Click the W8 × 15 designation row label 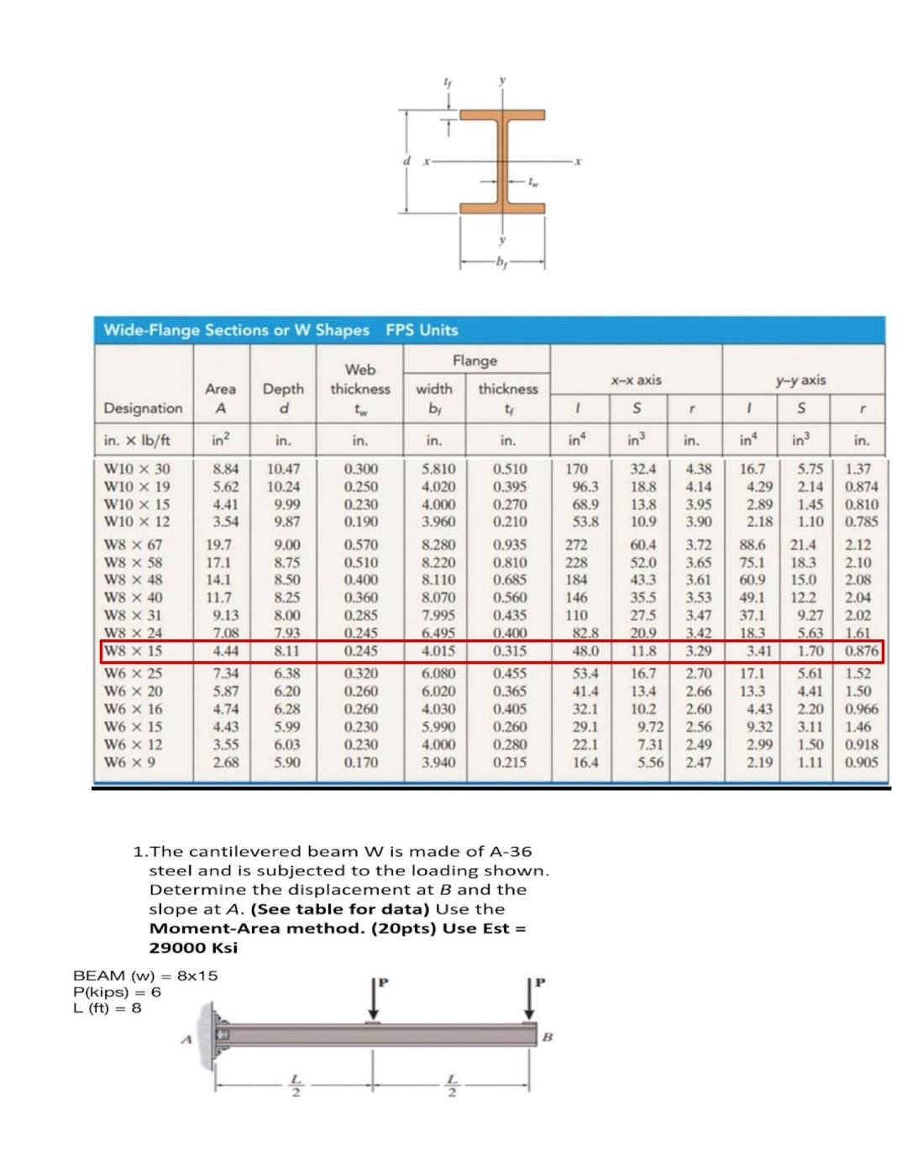click(x=133, y=651)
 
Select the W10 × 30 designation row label click(x=136, y=469)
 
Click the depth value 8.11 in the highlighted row click(x=286, y=651)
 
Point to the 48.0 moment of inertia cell click(x=585, y=651)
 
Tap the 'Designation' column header click(x=143, y=408)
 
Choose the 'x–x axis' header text click(x=636, y=381)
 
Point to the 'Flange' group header click(x=475, y=360)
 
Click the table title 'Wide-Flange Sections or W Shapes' click(x=236, y=330)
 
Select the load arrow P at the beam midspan click(x=373, y=999)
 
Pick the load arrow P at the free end click(x=530, y=999)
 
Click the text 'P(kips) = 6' click(x=118, y=992)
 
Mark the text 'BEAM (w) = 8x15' click(x=145, y=976)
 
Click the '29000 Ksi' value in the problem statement click(x=193, y=948)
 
